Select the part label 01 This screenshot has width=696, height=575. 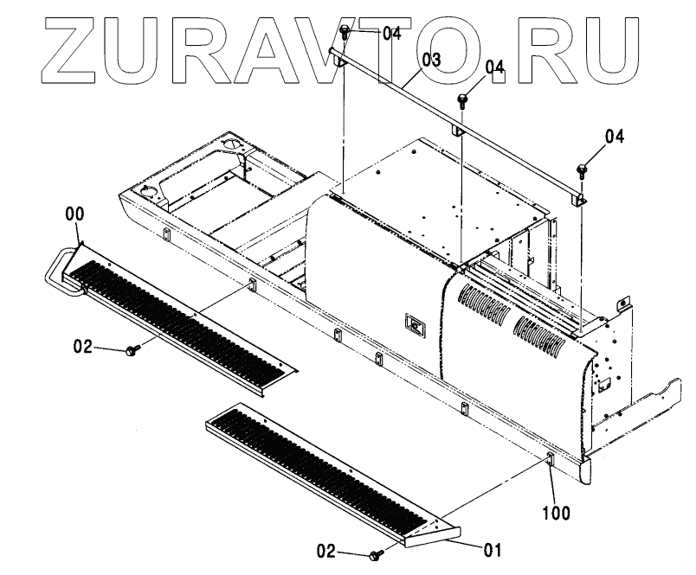tap(493, 548)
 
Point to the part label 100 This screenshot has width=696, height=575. tap(557, 513)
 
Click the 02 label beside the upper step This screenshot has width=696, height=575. tap(82, 347)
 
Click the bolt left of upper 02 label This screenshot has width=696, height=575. tap(132, 350)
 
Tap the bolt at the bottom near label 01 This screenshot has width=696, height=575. tap(376, 555)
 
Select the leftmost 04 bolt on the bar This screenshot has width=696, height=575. tap(345, 33)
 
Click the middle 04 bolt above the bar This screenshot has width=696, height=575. tap(463, 97)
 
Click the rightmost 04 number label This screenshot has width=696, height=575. tap(614, 136)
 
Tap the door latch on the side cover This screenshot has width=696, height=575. tap(413, 327)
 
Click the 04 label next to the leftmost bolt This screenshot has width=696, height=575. tap(391, 34)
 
